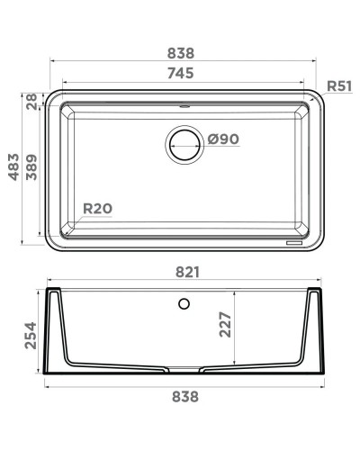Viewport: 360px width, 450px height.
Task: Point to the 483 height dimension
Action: coord(13,167)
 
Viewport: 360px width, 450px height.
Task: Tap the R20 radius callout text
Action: coord(97,210)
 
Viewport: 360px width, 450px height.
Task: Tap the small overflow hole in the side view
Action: coord(184,303)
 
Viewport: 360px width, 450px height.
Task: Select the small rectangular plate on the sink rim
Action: coord(294,241)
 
